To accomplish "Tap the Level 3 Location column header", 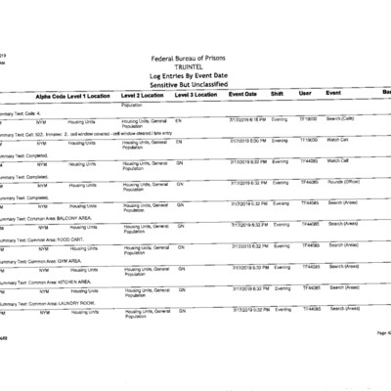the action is coord(195,96).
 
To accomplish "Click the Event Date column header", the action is coord(243,95).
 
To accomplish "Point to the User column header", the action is coord(304,95).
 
